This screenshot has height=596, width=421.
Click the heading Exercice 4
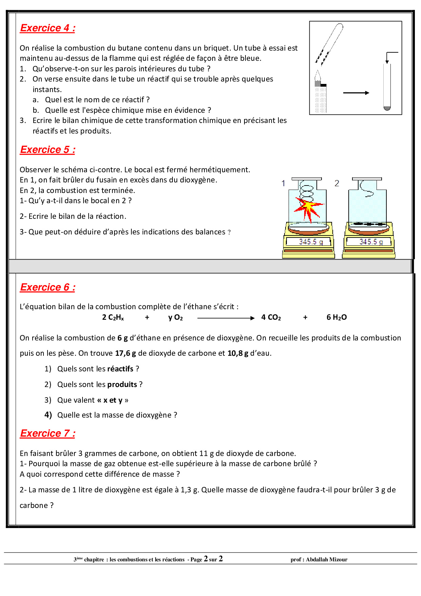48,28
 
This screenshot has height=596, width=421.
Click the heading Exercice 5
48,150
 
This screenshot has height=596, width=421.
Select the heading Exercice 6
48,287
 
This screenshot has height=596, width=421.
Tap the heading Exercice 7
48,433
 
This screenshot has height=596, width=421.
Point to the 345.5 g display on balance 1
309,242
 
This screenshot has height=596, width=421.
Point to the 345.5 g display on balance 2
369,242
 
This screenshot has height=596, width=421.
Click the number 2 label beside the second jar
337,183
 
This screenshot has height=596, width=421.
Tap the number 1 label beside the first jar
283,183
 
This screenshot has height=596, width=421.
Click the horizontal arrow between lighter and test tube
356,93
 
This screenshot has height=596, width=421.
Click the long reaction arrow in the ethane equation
226,318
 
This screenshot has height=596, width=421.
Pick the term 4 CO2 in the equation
271,317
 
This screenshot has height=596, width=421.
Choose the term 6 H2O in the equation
336,317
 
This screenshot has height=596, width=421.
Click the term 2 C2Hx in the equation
113,317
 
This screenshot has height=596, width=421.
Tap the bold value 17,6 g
125,353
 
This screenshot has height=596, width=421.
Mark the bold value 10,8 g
238,353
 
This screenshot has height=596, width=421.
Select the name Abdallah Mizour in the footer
327,560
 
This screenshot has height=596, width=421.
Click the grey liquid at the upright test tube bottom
387,108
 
